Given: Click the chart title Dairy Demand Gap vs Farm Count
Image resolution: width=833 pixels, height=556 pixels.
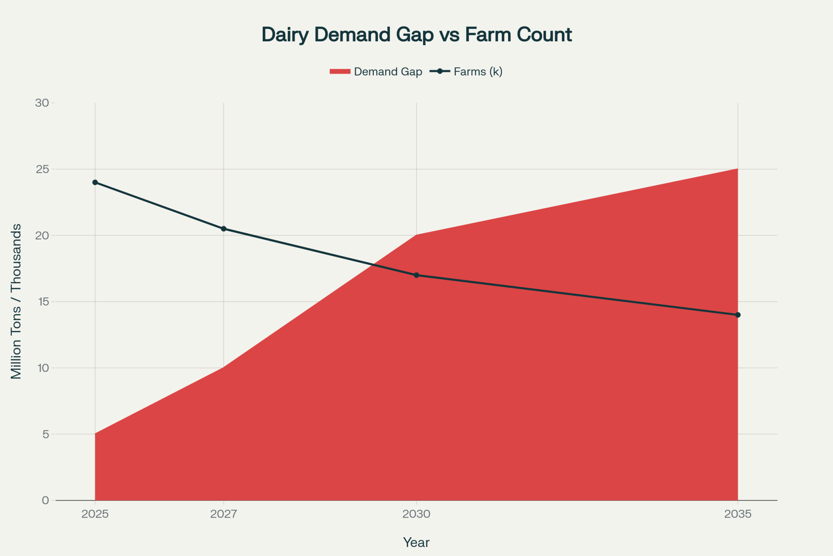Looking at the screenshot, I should pos(416,35).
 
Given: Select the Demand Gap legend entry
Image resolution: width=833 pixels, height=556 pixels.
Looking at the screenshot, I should pos(376,72).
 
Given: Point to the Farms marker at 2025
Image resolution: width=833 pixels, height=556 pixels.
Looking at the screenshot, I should pos(95,182).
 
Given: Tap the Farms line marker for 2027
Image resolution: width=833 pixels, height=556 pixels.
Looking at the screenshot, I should pos(224,229).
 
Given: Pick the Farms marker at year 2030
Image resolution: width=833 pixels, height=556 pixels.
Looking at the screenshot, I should pos(416,275).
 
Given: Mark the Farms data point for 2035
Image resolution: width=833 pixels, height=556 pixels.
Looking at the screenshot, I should pos(738,315).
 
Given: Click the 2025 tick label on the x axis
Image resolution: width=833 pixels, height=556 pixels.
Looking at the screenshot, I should pos(95,514).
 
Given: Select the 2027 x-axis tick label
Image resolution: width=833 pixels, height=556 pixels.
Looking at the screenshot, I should pos(224,514).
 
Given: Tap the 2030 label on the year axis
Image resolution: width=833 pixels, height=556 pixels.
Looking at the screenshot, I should pos(416,514).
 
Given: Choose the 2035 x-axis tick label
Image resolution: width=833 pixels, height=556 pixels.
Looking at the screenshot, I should pos(738,514).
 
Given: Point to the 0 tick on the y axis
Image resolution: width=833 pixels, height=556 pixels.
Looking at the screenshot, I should pos(45,501).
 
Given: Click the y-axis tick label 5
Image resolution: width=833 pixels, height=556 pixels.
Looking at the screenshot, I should pos(45,434).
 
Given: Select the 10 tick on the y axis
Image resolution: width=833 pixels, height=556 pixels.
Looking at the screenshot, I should pos(43,368).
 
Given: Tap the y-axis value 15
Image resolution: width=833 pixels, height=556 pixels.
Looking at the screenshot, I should pos(43,302).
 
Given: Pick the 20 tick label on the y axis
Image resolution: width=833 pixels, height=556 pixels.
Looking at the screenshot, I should pos(43,235).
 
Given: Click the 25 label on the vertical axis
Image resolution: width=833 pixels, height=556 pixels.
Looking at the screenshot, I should pos(43,169).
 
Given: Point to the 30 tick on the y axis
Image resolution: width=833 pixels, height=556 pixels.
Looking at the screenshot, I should pos(43,103).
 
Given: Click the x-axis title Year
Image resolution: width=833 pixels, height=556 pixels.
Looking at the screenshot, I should pos(416,542).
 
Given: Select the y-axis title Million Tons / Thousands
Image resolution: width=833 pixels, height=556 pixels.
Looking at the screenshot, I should pos(16,301).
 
